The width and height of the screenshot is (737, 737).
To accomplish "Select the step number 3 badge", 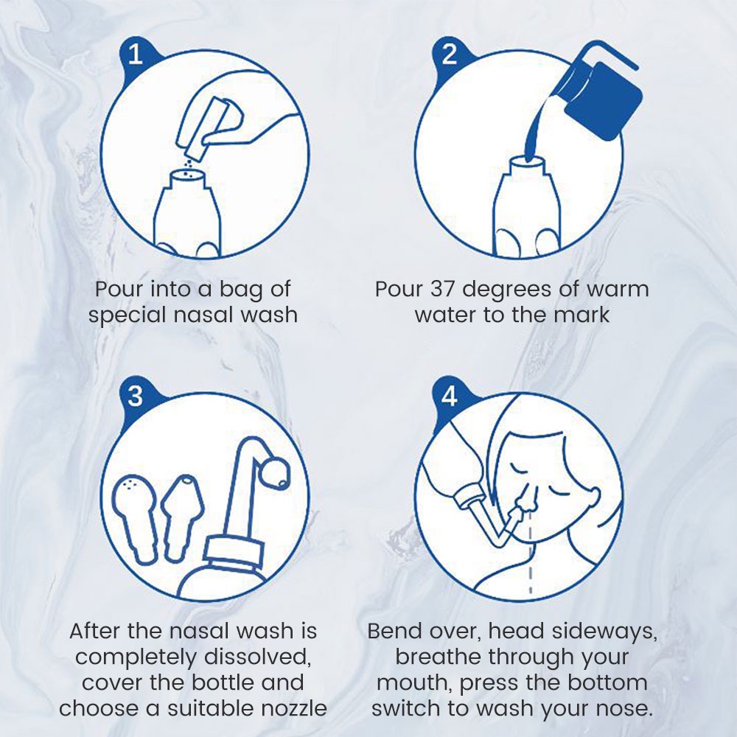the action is [x=136, y=396].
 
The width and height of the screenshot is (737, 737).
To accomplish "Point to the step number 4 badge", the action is [x=450, y=396].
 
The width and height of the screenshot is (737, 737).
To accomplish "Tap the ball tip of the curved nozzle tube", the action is [x=276, y=475].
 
